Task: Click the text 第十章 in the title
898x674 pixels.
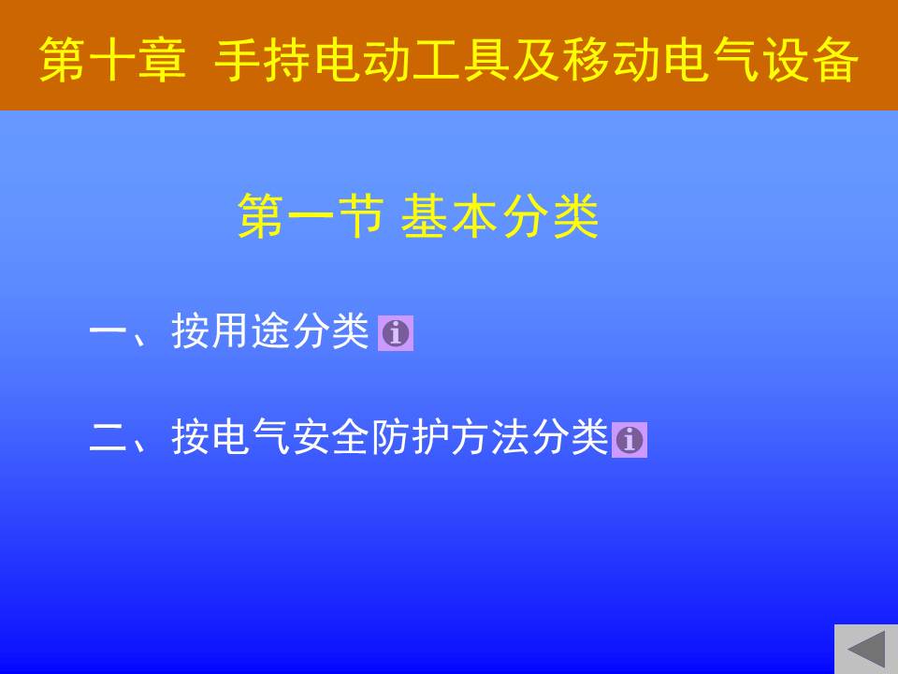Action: (x=113, y=60)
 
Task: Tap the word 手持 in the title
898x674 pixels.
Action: (x=263, y=60)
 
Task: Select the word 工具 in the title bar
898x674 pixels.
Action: (x=461, y=60)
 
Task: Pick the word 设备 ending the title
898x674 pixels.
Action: (x=810, y=60)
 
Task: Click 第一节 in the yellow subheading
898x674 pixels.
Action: (x=311, y=216)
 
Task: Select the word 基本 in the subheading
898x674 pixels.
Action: (x=448, y=216)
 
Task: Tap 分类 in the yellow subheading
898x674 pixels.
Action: (x=550, y=216)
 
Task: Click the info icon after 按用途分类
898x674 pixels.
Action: (x=395, y=333)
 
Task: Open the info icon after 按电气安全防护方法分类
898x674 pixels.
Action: (x=630, y=440)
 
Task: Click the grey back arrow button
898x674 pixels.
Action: (x=866, y=649)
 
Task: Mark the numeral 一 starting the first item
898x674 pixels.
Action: (x=109, y=330)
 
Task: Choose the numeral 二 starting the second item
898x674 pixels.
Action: (x=109, y=438)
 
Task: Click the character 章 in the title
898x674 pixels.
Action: (x=163, y=60)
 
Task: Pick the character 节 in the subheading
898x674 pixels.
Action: (x=360, y=216)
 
